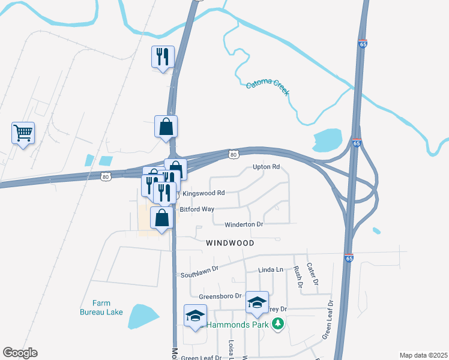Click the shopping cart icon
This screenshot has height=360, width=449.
point(23,132)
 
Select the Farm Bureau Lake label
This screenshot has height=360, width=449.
point(101,307)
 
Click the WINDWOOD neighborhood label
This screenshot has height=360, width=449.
point(230,243)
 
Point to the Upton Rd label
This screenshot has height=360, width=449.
point(267,167)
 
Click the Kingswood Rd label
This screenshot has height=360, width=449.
point(203,193)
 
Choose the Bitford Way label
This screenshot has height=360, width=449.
point(197,209)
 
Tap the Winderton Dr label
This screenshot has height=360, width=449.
point(244,224)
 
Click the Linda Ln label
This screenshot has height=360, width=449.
point(270,270)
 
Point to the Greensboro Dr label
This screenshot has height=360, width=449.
point(220,296)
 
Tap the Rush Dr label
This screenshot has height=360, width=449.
point(297,275)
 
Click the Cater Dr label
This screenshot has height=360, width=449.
point(312,273)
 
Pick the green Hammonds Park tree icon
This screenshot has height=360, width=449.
point(277,325)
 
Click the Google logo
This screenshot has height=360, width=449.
point(20,353)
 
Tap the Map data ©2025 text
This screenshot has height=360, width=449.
point(423,355)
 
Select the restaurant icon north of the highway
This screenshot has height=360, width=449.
point(163,57)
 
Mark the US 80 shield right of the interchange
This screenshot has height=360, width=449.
point(234,155)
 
